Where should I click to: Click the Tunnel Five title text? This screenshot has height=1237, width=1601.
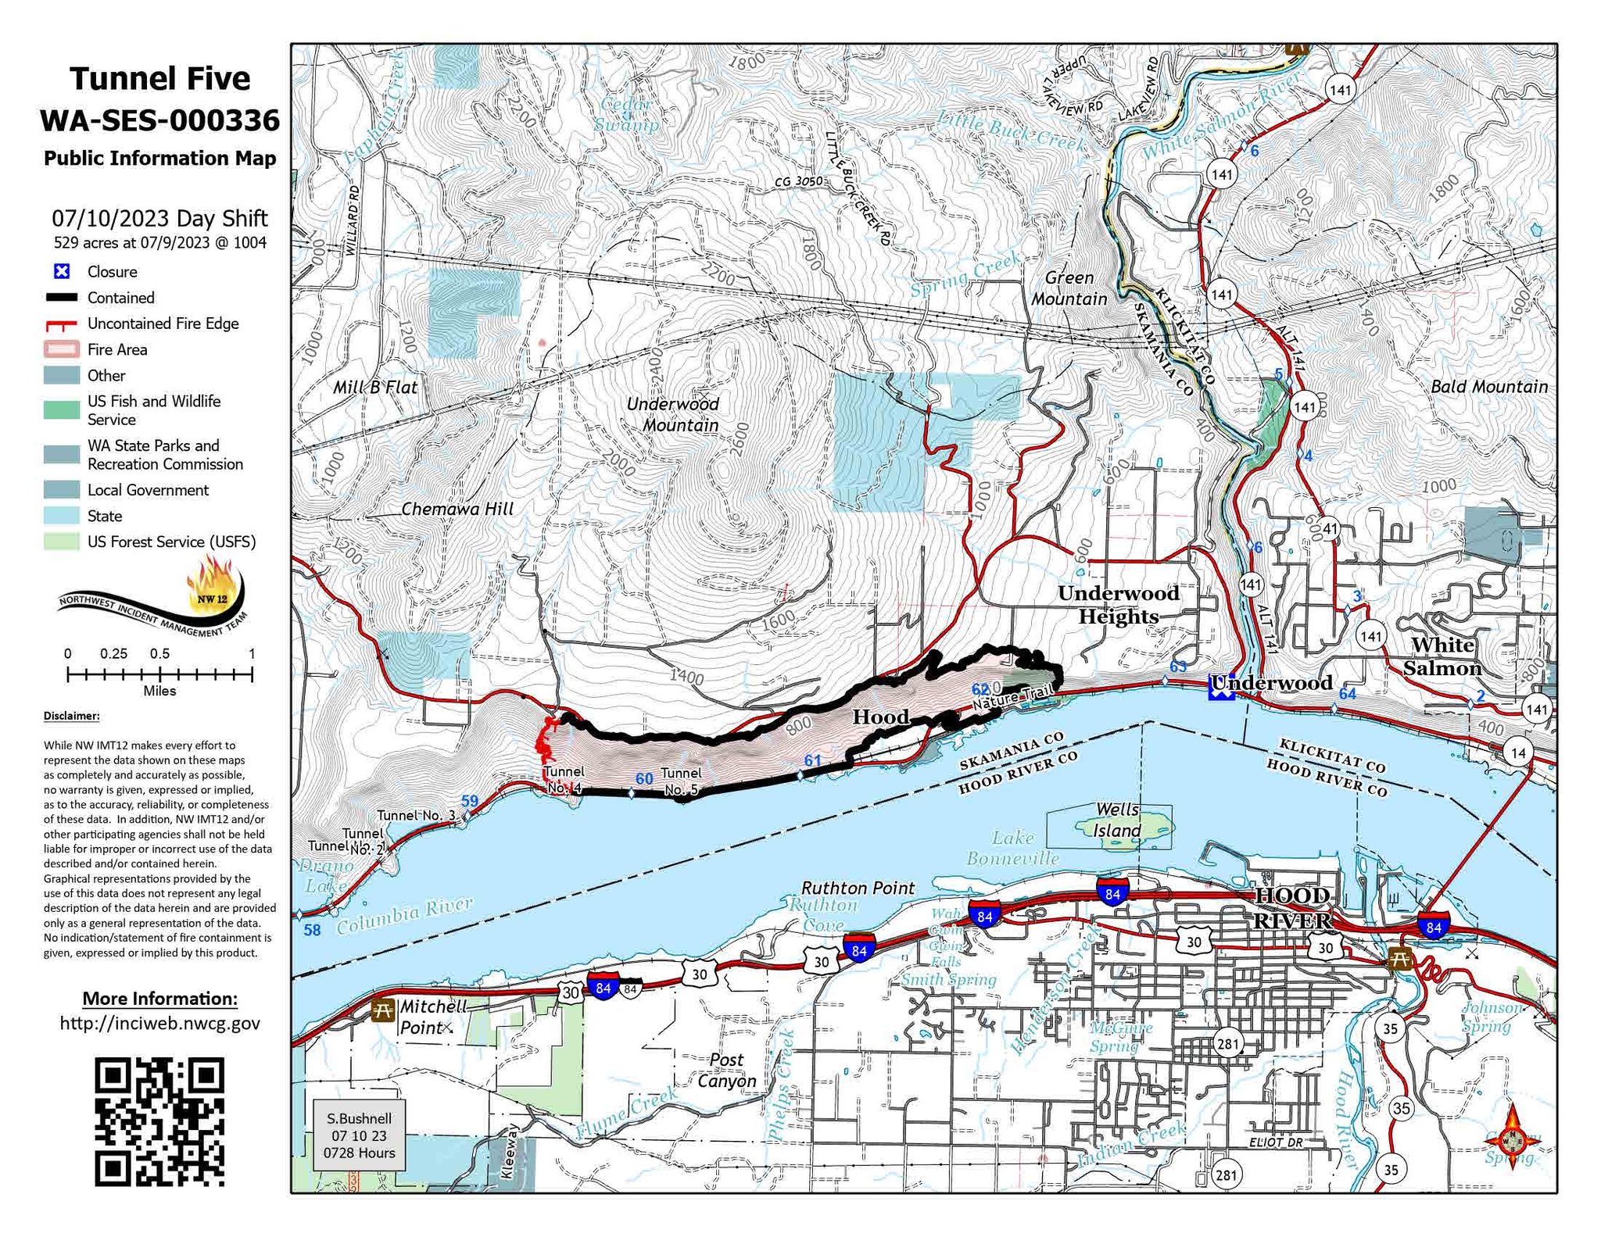(x=159, y=79)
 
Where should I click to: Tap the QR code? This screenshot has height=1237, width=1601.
(x=159, y=1121)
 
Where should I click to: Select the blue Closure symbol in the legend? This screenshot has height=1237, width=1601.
(x=62, y=271)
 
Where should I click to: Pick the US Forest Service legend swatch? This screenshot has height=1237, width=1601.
(x=62, y=542)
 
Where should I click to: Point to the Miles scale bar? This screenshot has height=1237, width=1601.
(x=159, y=674)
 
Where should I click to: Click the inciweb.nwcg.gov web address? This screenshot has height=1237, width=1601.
(x=159, y=1023)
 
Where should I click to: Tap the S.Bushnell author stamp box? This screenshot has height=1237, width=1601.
(x=359, y=1135)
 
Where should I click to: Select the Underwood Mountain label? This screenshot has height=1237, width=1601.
(x=674, y=414)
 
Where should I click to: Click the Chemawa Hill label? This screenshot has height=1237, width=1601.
(x=457, y=509)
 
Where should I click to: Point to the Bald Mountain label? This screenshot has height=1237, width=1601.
(x=1488, y=386)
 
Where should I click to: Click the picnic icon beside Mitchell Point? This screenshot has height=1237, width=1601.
(x=383, y=1010)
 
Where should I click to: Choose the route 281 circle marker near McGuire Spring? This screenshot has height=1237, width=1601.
(x=1228, y=1043)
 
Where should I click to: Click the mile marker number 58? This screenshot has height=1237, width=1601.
(x=312, y=930)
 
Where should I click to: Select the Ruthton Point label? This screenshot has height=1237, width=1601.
(x=858, y=888)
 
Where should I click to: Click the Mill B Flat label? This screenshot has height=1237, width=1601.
(x=375, y=387)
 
